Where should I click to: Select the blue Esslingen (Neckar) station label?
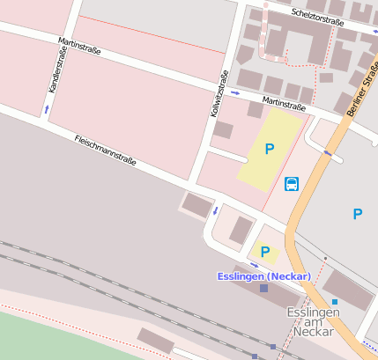point(263,276)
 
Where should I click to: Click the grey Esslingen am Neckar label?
point(313,322)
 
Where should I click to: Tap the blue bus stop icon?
point(292,183)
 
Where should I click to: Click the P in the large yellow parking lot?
point(270,150)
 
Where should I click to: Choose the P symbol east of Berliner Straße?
point(358,214)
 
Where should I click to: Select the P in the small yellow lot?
point(264,252)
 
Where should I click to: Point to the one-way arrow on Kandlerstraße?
point(47,109)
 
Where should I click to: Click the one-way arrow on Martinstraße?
point(235,92)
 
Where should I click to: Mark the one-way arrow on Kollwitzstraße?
point(215,210)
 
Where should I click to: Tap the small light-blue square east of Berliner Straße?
point(334,302)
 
